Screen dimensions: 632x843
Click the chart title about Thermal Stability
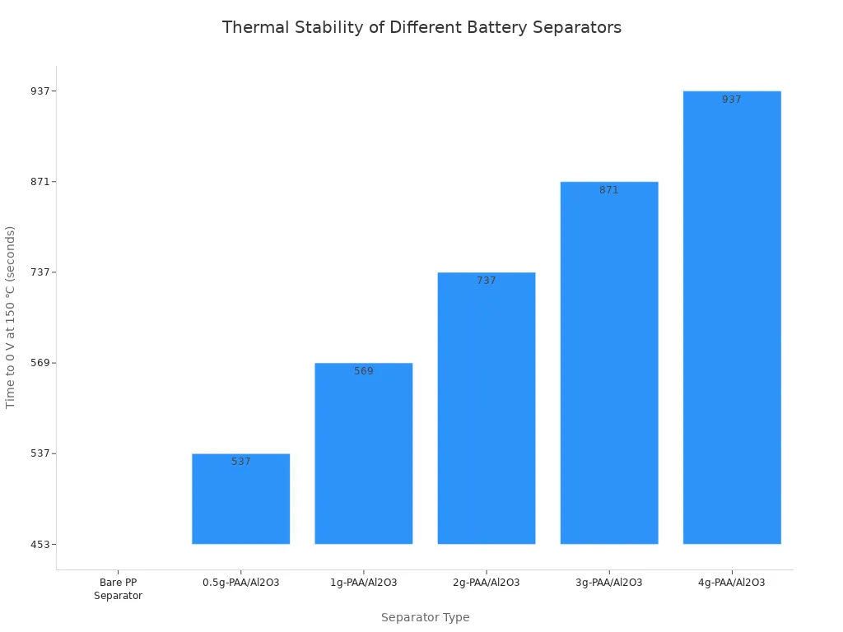click(421, 27)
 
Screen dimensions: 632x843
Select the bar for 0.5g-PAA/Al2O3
click(240, 500)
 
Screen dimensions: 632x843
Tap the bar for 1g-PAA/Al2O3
click(363, 453)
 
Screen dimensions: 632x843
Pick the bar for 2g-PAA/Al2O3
click(486, 408)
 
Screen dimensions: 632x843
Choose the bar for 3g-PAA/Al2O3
click(608, 363)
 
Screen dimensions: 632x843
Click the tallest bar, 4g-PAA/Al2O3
click(731, 318)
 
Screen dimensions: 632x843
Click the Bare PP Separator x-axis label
click(118, 589)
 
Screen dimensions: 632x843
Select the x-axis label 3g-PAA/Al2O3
click(608, 583)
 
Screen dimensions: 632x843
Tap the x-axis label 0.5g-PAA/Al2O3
click(240, 583)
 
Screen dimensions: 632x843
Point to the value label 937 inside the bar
click(731, 100)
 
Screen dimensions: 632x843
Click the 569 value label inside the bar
click(363, 371)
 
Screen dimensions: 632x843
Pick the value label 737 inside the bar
click(486, 281)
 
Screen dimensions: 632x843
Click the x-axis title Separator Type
click(425, 617)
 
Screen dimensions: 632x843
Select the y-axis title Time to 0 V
click(11, 317)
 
